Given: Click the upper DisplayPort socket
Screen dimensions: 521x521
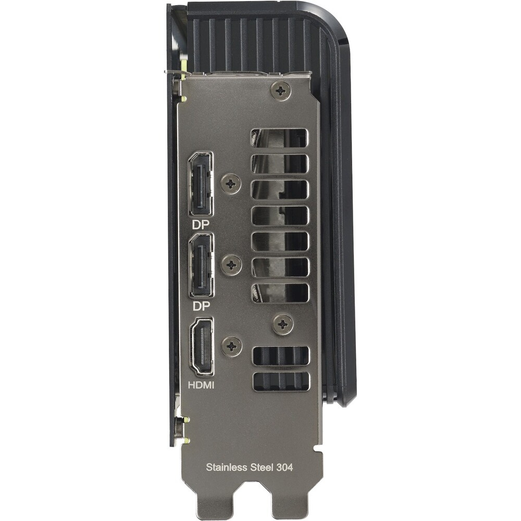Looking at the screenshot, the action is click(x=201, y=184).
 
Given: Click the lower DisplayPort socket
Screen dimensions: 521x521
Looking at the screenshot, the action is click(x=201, y=266).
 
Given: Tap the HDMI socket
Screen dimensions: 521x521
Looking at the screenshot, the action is click(x=201, y=346).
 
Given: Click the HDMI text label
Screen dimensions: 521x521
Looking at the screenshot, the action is click(x=201, y=385).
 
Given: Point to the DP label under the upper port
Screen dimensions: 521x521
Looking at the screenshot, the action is click(x=201, y=225).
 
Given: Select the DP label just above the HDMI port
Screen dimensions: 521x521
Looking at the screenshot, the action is click(x=201, y=306).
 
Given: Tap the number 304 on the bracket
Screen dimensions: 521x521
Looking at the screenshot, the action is click(x=284, y=467).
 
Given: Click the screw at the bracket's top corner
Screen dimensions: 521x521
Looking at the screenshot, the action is click(x=281, y=90).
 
